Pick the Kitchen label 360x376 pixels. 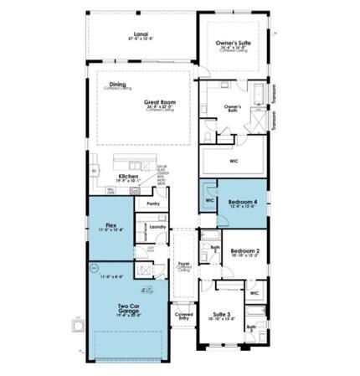pos(128,177)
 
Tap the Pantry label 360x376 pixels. pos(152,203)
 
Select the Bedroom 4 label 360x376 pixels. pos(244,203)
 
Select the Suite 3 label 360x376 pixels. pos(221,315)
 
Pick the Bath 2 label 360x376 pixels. pos(214,248)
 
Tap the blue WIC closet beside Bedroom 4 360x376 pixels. pos(208,201)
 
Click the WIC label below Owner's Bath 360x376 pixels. pos(236,162)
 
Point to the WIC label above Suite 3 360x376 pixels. pos(255,292)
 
